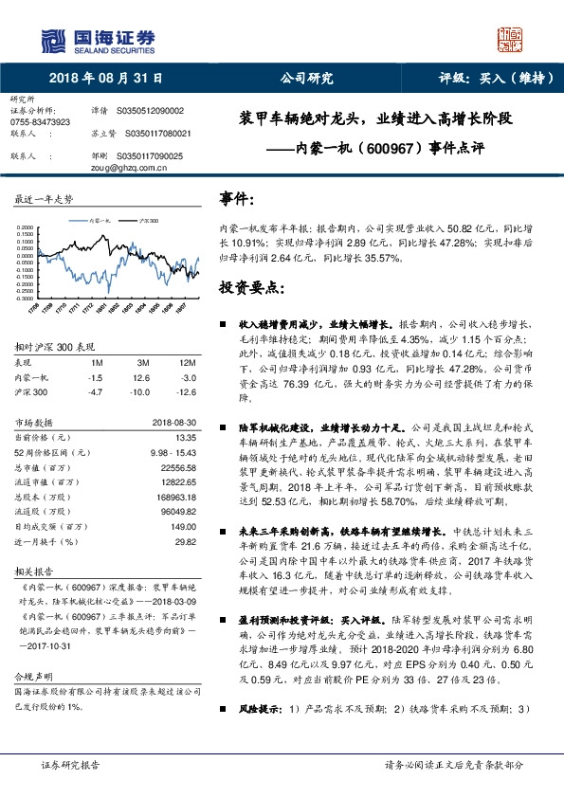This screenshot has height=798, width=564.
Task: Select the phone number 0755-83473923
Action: (x=40, y=123)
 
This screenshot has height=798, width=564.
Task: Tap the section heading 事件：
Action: (x=237, y=201)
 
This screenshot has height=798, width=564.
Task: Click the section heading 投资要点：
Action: (x=251, y=286)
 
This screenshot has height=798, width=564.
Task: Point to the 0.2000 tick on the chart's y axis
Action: (x=29, y=227)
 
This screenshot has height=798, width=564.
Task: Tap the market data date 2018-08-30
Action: (x=174, y=423)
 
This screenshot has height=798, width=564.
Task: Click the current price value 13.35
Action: (x=185, y=437)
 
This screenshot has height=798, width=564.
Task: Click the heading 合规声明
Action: (x=30, y=651)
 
